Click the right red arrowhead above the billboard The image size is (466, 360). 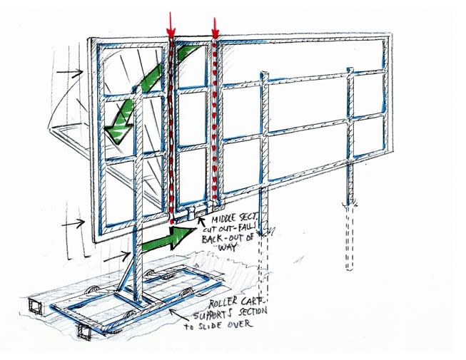point(215,31)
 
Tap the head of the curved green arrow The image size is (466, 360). point(116,128)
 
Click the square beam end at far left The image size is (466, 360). point(34,307)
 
